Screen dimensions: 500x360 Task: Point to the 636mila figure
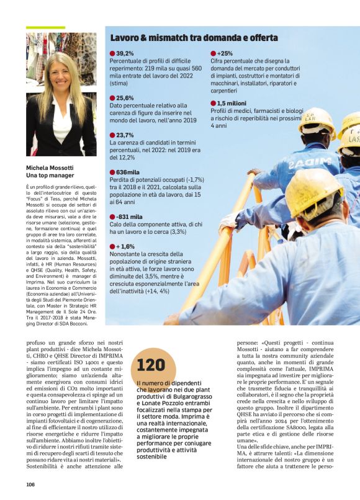click(127, 172)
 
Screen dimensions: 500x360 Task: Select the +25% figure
click(224, 54)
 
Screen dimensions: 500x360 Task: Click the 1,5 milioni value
click(232, 103)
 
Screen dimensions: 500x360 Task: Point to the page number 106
click(30, 484)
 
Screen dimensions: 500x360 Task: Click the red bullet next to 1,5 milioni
click(213, 103)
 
